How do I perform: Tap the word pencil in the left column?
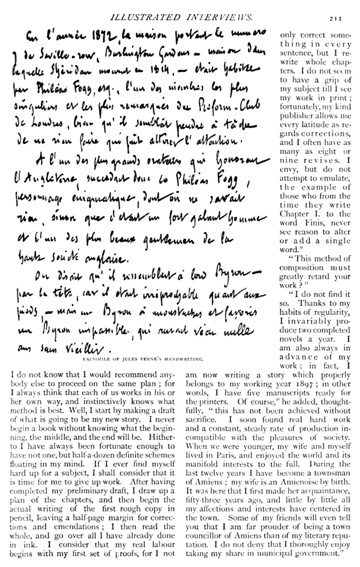pyautogui.click(x=19, y=518)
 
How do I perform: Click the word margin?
pyautogui.click(x=118, y=518)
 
